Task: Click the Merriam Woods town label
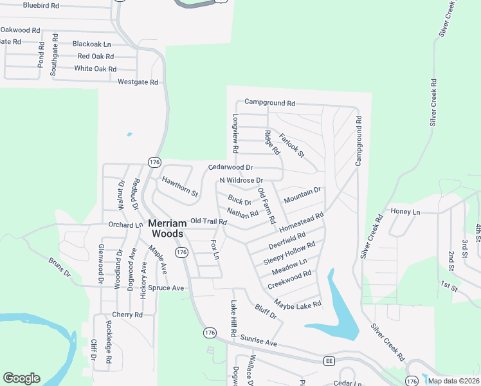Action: click(x=167, y=228)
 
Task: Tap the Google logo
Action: click(x=21, y=378)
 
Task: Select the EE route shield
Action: click(x=329, y=360)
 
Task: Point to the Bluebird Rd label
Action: click(x=41, y=5)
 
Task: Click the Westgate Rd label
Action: click(x=138, y=82)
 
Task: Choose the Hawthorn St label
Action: click(x=180, y=187)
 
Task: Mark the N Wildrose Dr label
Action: click(x=241, y=180)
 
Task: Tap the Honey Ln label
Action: click(x=405, y=212)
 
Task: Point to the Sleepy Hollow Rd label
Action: click(x=289, y=253)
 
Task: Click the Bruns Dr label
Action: click(x=59, y=268)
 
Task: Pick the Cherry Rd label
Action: click(x=127, y=315)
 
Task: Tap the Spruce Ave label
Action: click(x=166, y=288)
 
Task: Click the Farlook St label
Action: click(x=291, y=146)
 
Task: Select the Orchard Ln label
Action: click(x=125, y=225)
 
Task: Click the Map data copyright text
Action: click(x=453, y=381)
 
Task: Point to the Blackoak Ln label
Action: click(x=91, y=44)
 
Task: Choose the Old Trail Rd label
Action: click(x=209, y=221)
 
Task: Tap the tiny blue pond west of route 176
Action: click(x=129, y=134)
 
